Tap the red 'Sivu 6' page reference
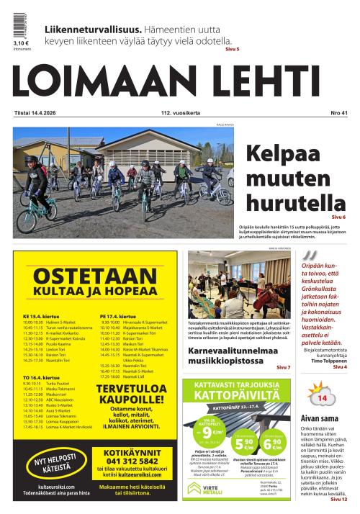(x=338, y=217)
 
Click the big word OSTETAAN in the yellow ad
(x=95, y=277)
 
